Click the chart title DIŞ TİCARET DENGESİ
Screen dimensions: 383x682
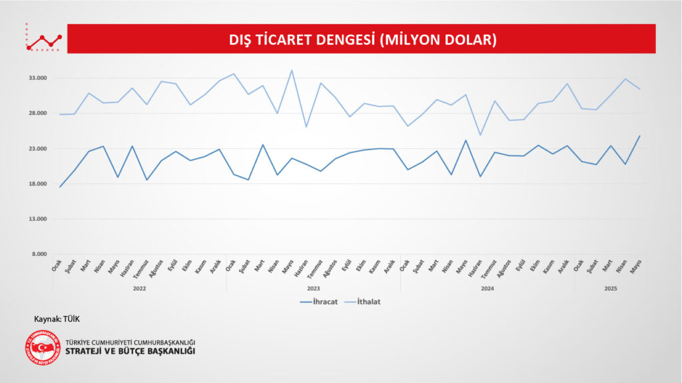[363, 39]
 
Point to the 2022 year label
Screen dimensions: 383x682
[139, 289]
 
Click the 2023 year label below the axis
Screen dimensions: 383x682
[313, 289]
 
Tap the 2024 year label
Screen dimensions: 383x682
[487, 289]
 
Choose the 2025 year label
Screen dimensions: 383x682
[610, 289]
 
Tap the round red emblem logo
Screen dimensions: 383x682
[43, 347]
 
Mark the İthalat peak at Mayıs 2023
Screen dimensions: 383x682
[291, 70]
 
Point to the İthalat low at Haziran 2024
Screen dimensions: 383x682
[480, 135]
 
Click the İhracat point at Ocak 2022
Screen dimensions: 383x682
[60, 187]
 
